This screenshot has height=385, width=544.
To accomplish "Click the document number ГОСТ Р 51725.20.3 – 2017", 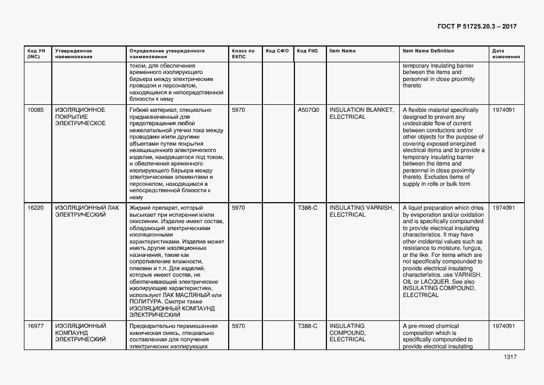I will pos(477,27).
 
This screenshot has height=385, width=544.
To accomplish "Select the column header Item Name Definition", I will pos(428,51).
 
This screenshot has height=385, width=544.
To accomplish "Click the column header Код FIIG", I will pos(307,51).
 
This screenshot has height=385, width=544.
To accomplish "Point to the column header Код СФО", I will pos(277,51).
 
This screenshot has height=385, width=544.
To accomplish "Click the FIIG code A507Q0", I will pos(308,110).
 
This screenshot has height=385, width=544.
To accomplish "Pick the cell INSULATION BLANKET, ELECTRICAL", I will pos(361,113).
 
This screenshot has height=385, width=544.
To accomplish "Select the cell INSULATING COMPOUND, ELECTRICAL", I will pos(348,333).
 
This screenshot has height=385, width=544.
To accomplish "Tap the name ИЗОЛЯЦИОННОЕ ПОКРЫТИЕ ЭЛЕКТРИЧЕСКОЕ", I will pos(80,116).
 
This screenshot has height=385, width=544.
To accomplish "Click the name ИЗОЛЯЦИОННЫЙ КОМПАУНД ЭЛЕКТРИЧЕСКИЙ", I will pos(81,333).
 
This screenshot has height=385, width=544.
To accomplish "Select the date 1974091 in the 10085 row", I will pos(504,110).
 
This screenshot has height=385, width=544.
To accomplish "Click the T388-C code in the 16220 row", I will pos(307,207).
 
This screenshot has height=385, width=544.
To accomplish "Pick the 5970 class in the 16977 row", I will pos(238,326).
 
